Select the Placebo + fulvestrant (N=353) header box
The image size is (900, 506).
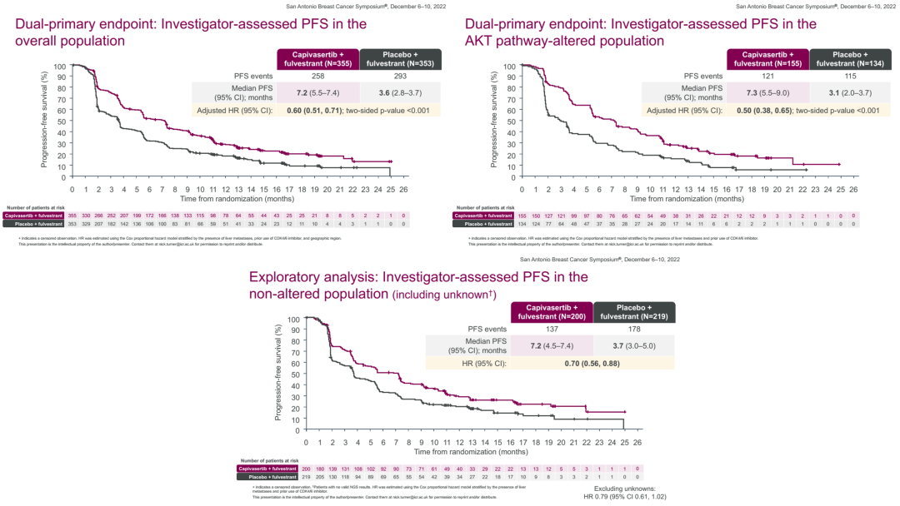click(402, 59)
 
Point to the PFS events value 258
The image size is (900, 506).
click(317, 77)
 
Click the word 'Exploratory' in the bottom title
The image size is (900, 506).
click(286, 277)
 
